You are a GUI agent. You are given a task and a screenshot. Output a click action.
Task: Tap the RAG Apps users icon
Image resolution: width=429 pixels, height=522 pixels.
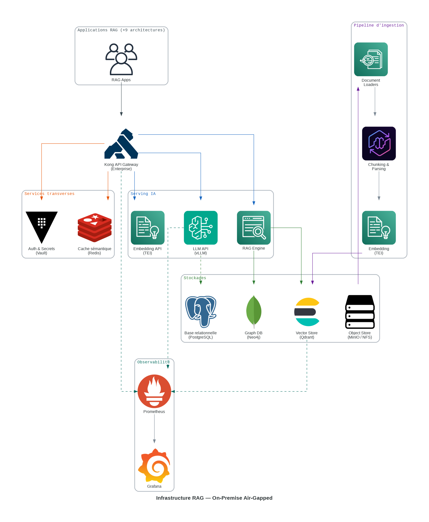coord(121,59)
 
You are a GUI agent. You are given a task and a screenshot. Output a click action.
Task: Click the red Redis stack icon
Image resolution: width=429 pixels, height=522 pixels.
coord(95,228)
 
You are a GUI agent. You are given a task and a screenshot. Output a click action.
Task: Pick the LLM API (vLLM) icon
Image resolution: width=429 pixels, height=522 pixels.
coord(200,228)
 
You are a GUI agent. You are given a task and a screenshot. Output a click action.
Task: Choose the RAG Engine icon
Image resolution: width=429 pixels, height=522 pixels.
coord(254,228)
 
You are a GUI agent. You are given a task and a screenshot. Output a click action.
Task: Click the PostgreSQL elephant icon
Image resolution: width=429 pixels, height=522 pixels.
coord(200,312)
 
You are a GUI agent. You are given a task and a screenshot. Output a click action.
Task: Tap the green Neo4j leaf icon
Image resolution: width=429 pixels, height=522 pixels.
coord(254,312)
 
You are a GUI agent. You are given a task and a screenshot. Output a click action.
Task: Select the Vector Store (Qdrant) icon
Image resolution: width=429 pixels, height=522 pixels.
coord(307,312)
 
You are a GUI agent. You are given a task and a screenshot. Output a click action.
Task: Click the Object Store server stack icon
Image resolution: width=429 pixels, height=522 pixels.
coord(360,312)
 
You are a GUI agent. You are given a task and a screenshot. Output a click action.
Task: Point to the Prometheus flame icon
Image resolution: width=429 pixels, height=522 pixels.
coord(154,391)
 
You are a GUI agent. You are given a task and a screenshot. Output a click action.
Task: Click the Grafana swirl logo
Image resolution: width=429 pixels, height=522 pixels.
coord(154,466)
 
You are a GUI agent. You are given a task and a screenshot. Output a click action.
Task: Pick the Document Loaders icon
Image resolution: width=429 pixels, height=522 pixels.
coord(371,59)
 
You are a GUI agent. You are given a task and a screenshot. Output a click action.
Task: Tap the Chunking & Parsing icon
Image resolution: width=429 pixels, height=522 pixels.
coord(379,144)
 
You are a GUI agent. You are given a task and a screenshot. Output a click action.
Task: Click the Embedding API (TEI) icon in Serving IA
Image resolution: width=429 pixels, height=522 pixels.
coord(147,228)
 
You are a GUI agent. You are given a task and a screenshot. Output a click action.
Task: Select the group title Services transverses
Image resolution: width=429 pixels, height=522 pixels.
coord(49,194)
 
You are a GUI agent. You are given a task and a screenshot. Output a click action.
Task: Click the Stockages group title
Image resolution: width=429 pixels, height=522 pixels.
coord(195,278)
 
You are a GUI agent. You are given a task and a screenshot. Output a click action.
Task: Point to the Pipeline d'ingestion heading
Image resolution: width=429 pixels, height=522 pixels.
coord(378,25)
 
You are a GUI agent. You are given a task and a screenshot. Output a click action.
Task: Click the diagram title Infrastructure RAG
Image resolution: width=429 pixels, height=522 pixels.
coord(214,498)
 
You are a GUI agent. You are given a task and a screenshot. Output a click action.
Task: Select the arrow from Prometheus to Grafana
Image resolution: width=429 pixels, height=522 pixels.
coord(154,429)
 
